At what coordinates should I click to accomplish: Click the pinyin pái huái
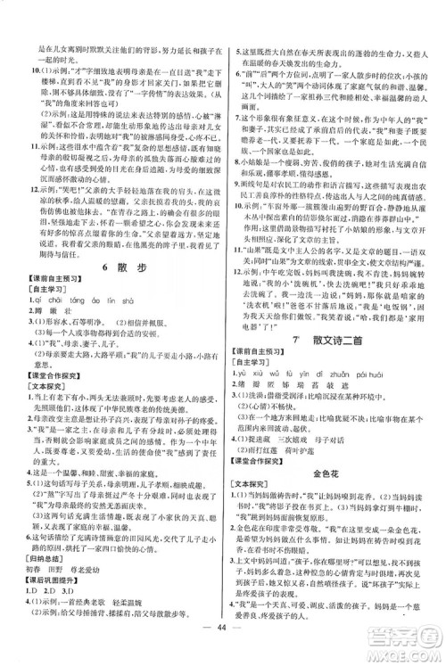tap(358, 397)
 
